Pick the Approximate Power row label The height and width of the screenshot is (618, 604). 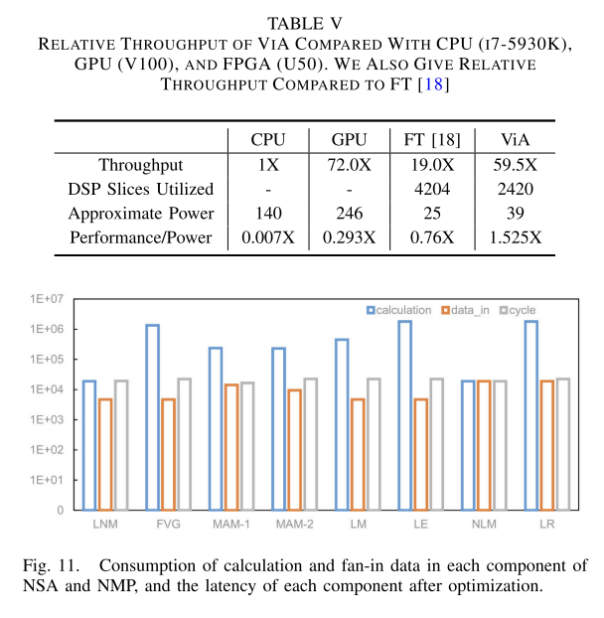point(140,214)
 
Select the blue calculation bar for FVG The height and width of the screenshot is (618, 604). point(153,417)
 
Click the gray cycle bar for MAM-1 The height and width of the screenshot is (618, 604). point(247,446)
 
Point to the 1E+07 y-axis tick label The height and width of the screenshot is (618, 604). point(46,298)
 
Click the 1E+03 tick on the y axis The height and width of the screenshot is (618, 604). point(46,419)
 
